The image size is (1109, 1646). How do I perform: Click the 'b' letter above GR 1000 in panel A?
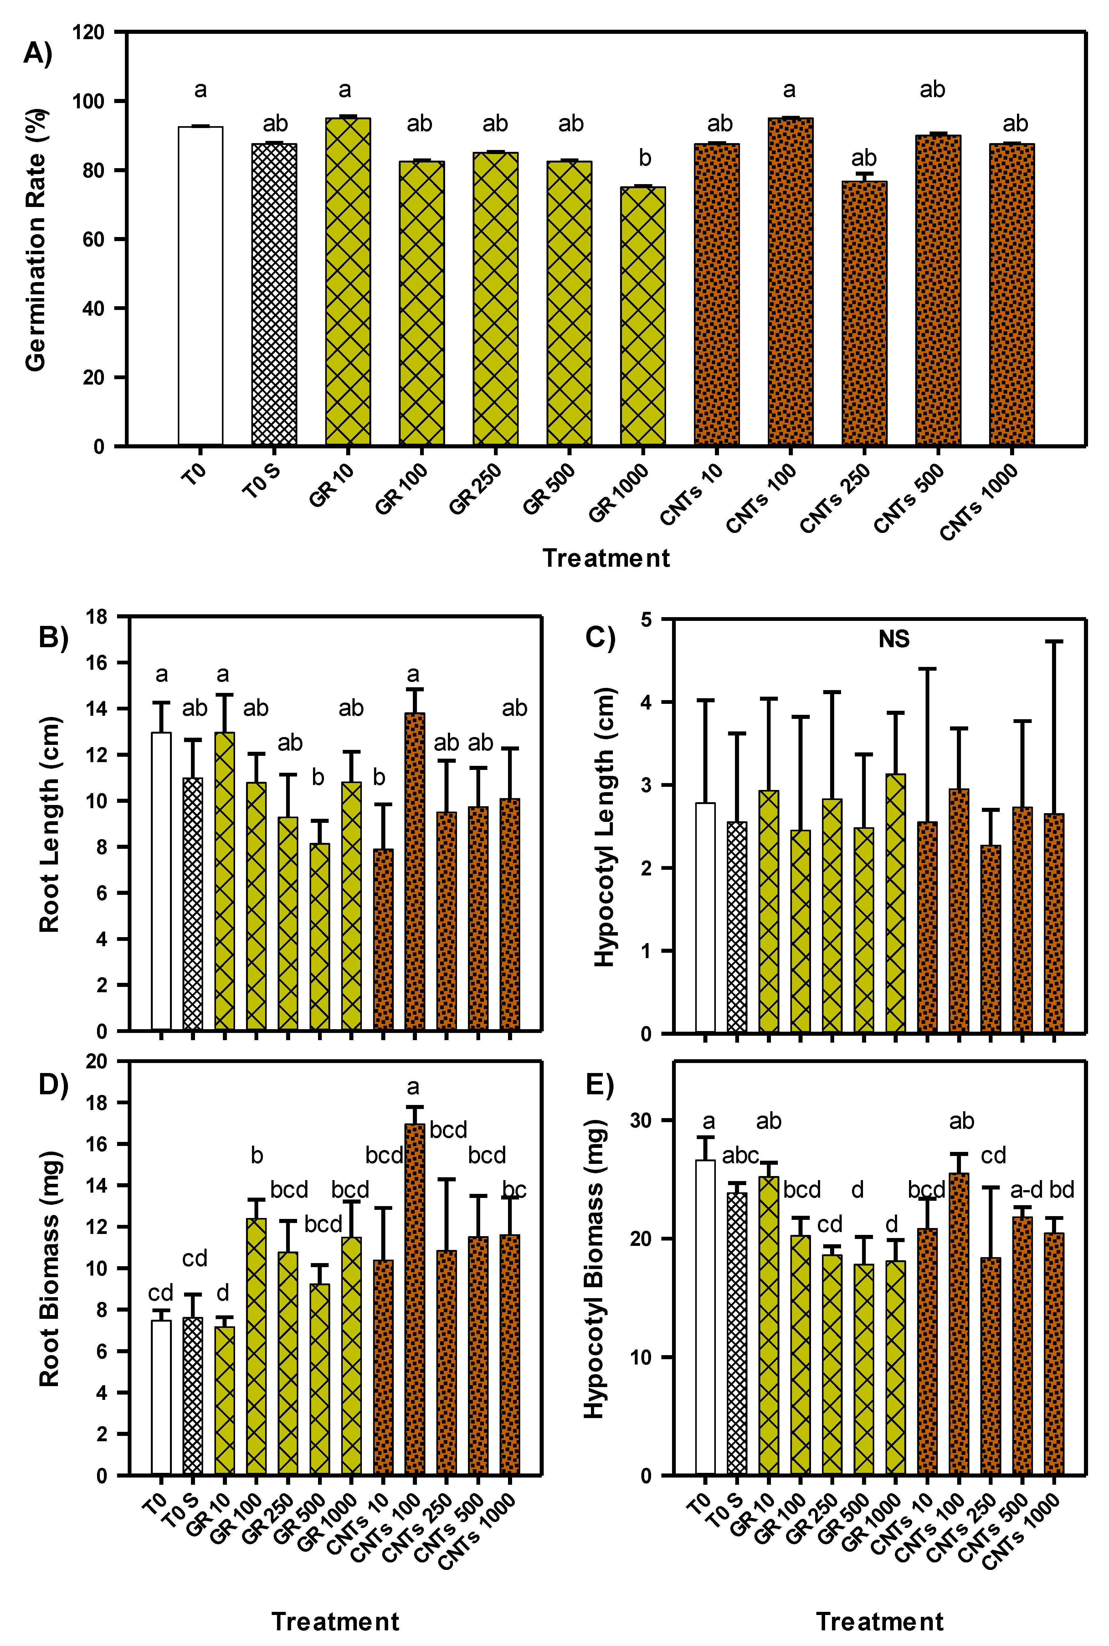pos(644,158)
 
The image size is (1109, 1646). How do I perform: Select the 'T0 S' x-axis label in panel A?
pos(262,481)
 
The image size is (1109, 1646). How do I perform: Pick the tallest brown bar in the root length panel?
pos(414,871)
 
